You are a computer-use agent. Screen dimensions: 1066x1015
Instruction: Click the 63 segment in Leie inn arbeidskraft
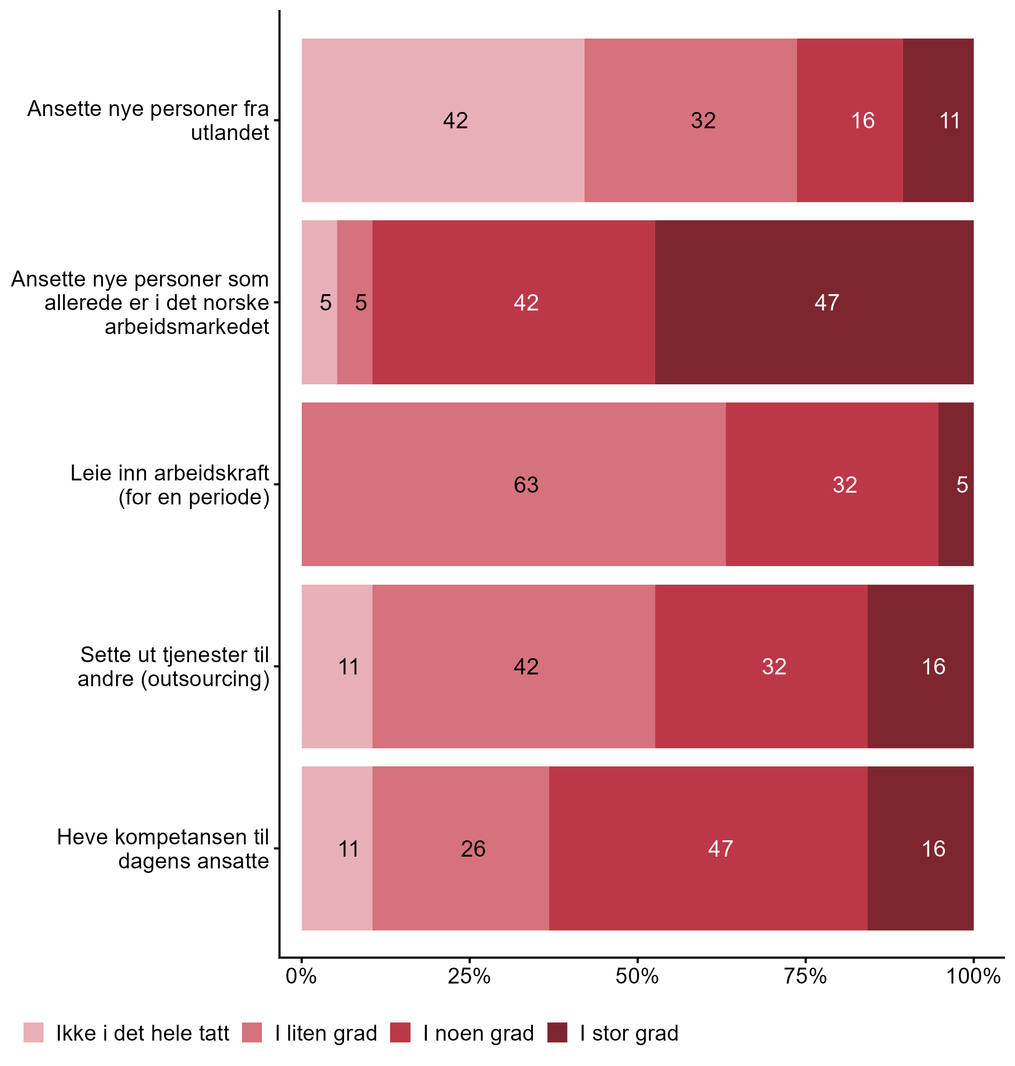coord(513,485)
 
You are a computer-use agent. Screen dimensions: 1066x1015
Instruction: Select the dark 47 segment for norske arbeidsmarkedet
coord(814,302)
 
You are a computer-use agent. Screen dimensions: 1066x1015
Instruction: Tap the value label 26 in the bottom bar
coord(473,848)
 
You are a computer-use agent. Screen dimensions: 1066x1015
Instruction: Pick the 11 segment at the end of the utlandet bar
coord(938,121)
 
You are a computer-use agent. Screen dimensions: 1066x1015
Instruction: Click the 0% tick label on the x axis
coord(301,977)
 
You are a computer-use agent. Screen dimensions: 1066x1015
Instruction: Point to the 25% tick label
coord(469,977)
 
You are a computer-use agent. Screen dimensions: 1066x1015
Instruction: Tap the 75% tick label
coord(806,977)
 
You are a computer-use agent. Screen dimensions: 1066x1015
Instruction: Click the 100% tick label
coord(973,977)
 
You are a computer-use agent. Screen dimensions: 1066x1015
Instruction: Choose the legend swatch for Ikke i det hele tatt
coord(34,1032)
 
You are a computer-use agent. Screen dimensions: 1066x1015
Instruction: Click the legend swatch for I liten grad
coord(252,1032)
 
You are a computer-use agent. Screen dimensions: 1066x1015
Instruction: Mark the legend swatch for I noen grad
coord(401,1032)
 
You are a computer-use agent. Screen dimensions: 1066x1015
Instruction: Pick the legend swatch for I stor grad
coord(557,1032)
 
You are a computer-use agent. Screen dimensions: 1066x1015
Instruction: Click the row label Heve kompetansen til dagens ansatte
coord(163,848)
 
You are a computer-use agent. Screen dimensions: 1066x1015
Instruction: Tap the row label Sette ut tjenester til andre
coord(174,667)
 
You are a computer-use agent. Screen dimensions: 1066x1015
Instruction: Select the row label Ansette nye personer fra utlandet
coord(148,121)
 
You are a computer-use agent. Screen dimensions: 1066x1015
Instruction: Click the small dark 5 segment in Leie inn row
coord(956,485)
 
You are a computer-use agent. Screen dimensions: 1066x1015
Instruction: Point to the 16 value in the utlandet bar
coord(862,121)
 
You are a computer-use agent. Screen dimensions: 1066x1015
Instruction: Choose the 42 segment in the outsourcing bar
coord(513,667)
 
